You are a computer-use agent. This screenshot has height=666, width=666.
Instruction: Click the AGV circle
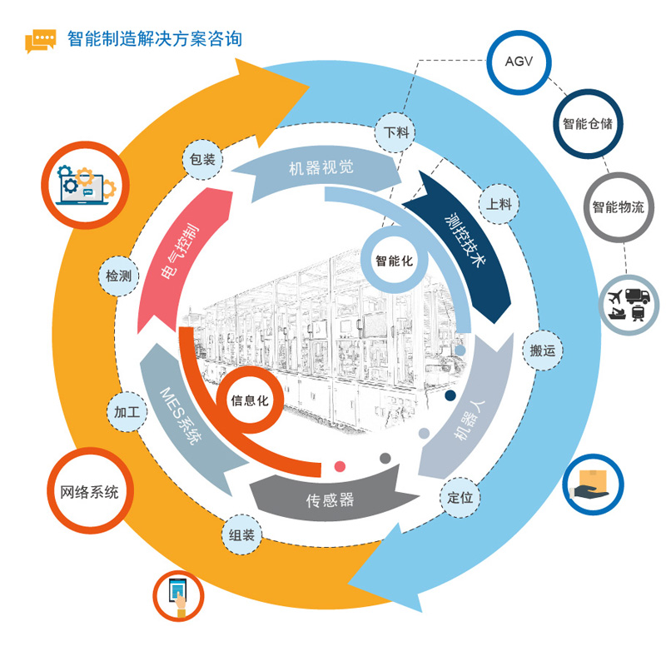(519, 62)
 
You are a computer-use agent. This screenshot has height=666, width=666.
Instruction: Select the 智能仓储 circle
(587, 124)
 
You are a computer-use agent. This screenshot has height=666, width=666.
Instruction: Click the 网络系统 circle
(84, 492)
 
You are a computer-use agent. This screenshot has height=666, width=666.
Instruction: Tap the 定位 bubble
(460, 498)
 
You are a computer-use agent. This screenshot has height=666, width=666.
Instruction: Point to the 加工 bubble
(127, 412)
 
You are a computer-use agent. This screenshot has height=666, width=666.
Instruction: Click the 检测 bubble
(118, 276)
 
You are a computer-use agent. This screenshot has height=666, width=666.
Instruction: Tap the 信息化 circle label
(250, 400)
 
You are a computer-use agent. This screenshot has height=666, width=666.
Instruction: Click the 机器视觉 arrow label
(321, 167)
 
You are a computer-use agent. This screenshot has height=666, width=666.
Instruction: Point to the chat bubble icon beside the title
(40, 41)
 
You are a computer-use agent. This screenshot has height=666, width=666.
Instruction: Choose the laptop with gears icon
(84, 185)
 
